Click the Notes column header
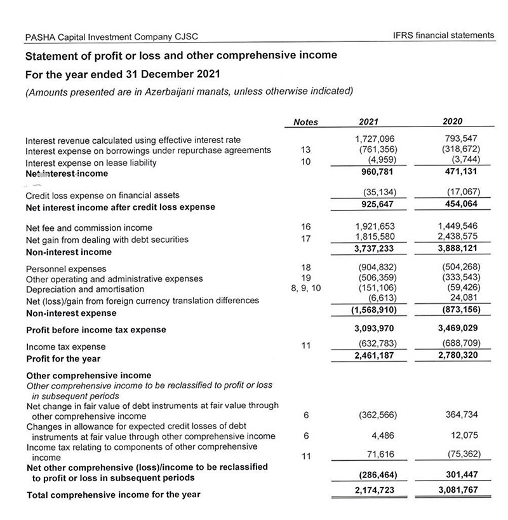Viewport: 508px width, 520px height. (x=306, y=122)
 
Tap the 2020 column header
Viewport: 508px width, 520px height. (x=452, y=121)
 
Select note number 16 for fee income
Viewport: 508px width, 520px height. (x=306, y=226)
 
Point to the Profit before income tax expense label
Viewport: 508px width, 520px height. (x=96, y=329)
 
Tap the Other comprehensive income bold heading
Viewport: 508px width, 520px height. (x=88, y=375)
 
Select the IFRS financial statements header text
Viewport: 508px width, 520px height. (x=444, y=36)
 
